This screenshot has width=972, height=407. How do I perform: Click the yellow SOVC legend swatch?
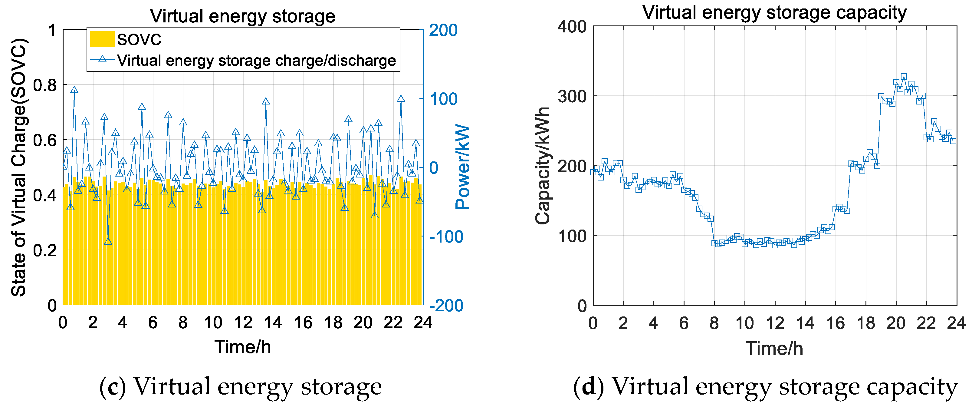click(x=102, y=39)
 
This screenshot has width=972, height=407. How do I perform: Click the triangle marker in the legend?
click(x=102, y=59)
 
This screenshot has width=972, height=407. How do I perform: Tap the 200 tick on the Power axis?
click(x=443, y=30)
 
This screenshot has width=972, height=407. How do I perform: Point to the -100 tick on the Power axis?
click(x=446, y=237)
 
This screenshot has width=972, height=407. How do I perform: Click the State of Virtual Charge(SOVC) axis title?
click(x=18, y=167)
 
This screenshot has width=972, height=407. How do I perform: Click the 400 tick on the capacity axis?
click(x=572, y=27)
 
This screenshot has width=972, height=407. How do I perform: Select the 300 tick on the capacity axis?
click(x=572, y=96)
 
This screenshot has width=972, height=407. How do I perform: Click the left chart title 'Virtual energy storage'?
click(x=243, y=16)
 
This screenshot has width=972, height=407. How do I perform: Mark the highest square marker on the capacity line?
click(x=904, y=77)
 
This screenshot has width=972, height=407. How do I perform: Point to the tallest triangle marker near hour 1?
click(x=74, y=90)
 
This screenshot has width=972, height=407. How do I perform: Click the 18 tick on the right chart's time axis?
click(x=865, y=323)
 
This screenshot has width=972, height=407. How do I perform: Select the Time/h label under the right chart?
click(x=774, y=348)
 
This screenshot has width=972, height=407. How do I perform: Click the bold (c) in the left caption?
click(x=113, y=387)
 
